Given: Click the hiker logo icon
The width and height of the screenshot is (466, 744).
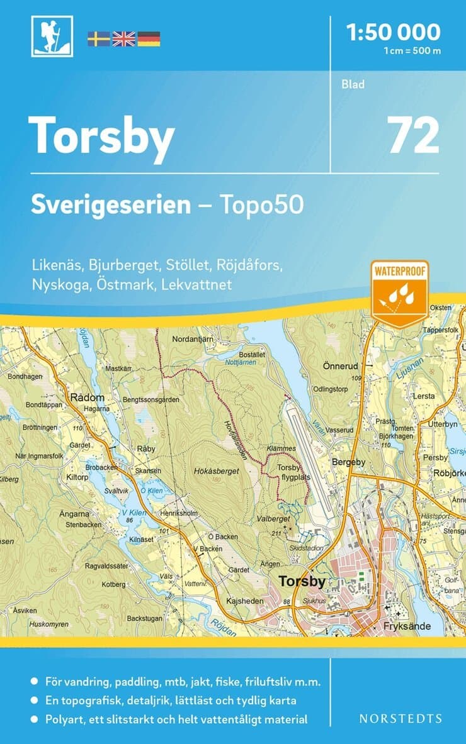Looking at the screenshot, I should point(52,36).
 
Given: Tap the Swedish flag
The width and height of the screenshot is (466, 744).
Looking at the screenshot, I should point(98,39).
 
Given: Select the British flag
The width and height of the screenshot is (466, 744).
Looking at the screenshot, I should point(123,39).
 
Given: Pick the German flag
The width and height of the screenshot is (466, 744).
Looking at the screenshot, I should point(149,39).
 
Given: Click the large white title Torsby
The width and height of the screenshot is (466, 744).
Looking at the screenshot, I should point(101,136).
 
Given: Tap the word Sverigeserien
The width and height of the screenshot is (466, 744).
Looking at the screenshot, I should point(111,205).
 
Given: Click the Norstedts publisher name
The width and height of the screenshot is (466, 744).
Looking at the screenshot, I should point(401,718).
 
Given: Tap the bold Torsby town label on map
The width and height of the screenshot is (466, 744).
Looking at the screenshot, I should point(302,581).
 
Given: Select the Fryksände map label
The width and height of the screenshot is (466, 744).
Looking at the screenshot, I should point(406,627).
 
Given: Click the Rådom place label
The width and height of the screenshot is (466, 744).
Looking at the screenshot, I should point(84,397).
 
